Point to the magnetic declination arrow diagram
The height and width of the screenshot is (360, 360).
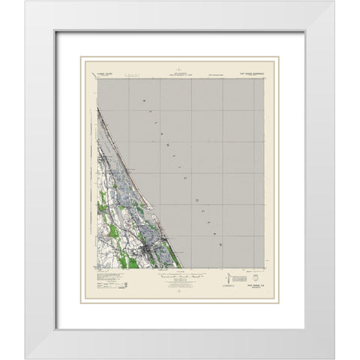[227, 278]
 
